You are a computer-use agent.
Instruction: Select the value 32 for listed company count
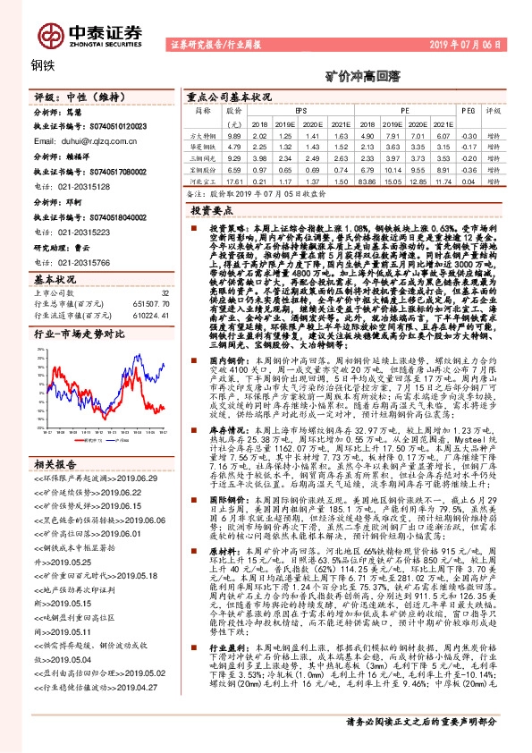tap(165, 292)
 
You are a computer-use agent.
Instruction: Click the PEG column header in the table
tap(468, 110)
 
